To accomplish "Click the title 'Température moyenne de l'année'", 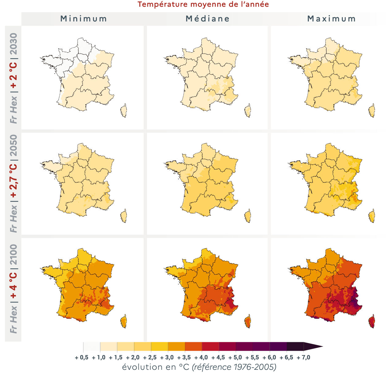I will pyautogui.click(x=203, y=5).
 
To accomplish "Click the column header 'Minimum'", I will pyautogui.click(x=84, y=19).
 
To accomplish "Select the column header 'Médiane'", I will pyautogui.click(x=208, y=19).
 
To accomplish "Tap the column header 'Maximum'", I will pyautogui.click(x=331, y=19).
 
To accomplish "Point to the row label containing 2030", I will pyautogui.click(x=13, y=78).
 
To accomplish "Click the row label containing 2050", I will pyautogui.click(x=13, y=183).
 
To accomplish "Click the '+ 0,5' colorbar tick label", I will pyautogui.click(x=81, y=358).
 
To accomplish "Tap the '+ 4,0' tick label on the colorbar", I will pyautogui.click(x=201, y=358).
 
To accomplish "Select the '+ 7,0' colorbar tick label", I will pyautogui.click(x=303, y=358).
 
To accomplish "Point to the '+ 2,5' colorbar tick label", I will pyautogui.click(x=150, y=358).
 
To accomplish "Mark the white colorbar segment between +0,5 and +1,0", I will pyautogui.click(x=92, y=347).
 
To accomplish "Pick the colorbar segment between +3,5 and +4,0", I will pyautogui.click(x=194, y=347).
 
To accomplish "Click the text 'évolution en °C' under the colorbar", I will pyautogui.click(x=156, y=367).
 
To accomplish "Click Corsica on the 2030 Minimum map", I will pyautogui.click(x=124, y=111).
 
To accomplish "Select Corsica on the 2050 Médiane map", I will pyautogui.click(x=248, y=216).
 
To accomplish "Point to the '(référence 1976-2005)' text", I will pyautogui.click(x=234, y=367).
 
